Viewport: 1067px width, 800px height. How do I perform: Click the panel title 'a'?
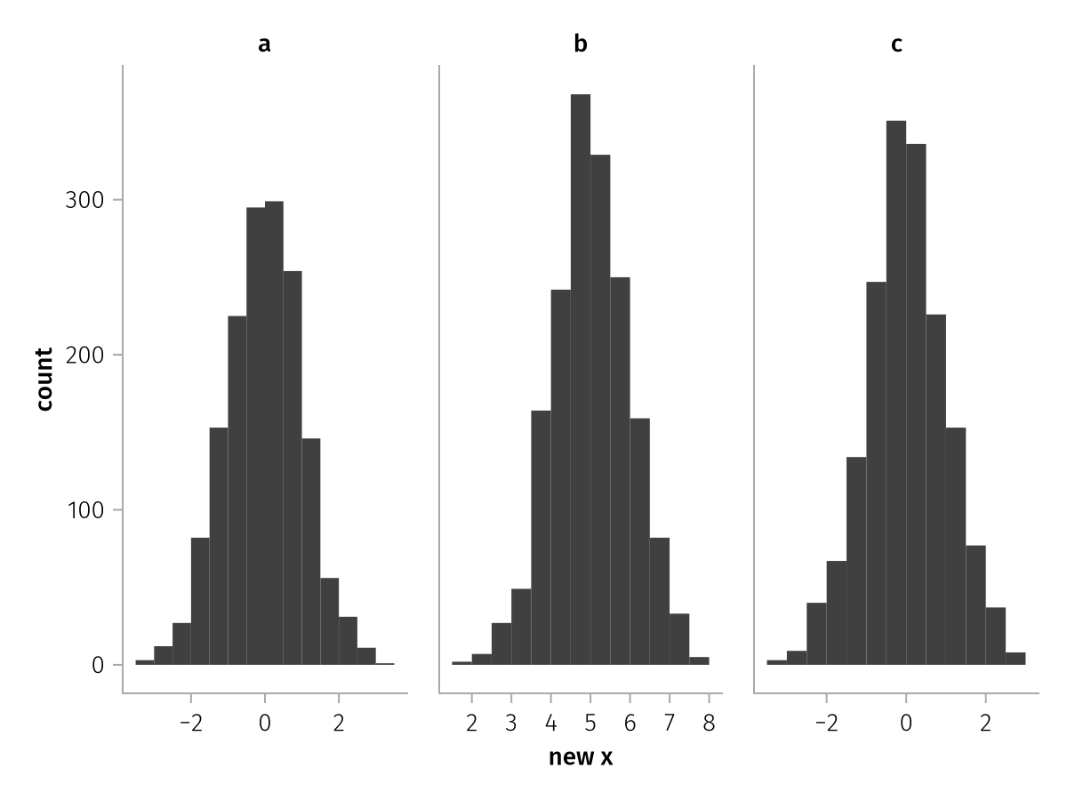coord(264,44)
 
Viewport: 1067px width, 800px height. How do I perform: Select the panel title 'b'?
coord(581,44)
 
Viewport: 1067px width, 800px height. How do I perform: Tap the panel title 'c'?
coord(896,44)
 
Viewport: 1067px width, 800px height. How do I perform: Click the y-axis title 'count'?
coord(44,380)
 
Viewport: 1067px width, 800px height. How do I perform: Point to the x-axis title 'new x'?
coord(581,757)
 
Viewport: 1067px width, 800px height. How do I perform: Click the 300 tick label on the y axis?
coord(84,200)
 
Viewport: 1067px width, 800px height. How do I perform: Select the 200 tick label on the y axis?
coord(84,355)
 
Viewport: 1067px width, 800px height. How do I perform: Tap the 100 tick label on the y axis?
coord(85,510)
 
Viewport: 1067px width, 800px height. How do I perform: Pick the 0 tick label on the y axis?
coord(98,665)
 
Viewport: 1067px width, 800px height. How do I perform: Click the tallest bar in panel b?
coord(581,380)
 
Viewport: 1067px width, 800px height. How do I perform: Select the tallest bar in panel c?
coord(896,393)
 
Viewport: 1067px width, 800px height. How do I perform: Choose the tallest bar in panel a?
coord(274,433)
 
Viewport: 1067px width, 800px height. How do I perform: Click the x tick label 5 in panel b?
coord(590,724)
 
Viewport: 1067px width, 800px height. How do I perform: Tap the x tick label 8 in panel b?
coord(709,724)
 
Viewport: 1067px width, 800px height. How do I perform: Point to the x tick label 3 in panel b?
coord(511,724)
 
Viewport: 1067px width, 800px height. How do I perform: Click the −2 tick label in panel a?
coord(191,724)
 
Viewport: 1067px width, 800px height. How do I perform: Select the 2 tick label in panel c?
coord(985,724)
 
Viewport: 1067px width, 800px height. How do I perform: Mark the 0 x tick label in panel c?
coord(905,724)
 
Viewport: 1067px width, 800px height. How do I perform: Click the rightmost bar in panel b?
coord(699,661)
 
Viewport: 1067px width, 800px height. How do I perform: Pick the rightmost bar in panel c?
coord(1015,659)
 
